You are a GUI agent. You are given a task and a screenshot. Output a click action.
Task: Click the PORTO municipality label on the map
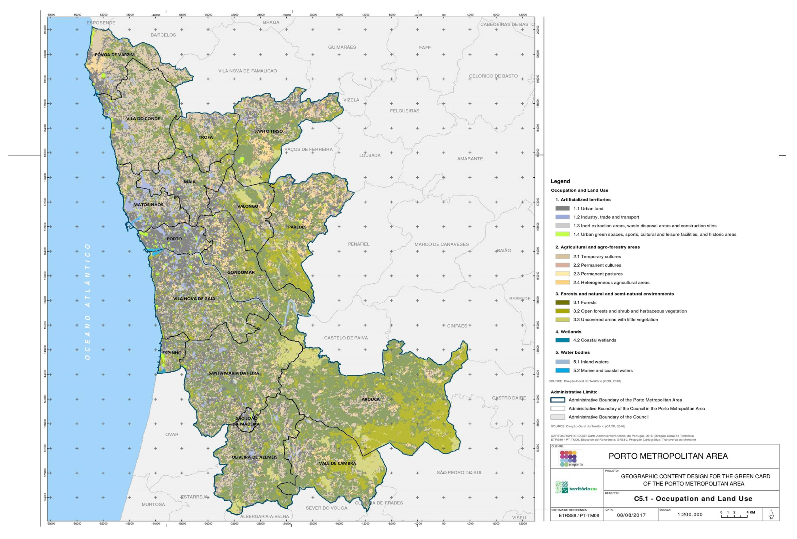tap(174, 239)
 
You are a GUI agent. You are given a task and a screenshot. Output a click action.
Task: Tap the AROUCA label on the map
tap(370, 399)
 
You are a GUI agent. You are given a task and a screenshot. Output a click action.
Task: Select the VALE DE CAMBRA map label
tap(338, 463)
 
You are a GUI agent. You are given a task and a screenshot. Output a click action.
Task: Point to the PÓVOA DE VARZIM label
tap(115, 55)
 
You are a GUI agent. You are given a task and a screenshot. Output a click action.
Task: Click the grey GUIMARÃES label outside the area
tap(342, 47)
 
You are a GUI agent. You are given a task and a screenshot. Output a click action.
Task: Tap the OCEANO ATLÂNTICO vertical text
tap(88, 302)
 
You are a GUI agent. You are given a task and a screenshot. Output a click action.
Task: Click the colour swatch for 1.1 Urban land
tap(563, 208)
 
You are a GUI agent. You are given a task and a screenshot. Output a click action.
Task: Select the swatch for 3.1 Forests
tap(563, 302)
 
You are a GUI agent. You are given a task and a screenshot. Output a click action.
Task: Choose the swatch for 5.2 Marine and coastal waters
tap(563, 370)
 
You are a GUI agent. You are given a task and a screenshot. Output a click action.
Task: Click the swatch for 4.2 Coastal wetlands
tap(563, 340)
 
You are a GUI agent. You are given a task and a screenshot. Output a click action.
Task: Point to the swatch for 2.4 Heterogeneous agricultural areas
tap(563, 283)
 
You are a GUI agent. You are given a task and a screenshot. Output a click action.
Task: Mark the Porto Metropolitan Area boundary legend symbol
tap(557, 400)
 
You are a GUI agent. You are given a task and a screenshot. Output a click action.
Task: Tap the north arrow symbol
tap(771, 514)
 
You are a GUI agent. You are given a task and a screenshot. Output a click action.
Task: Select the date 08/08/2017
tap(631, 515)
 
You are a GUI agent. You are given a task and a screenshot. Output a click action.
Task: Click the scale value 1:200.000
tap(690, 515)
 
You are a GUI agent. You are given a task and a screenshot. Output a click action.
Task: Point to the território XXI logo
tap(576, 487)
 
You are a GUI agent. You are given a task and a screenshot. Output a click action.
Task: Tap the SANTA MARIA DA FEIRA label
tap(234, 373)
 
